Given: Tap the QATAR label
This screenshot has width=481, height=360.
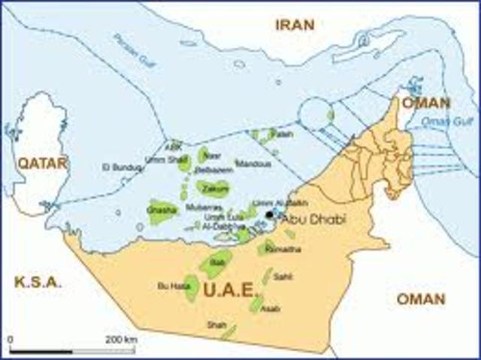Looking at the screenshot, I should pos(44,162).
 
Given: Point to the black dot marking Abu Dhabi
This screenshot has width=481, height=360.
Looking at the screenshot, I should pos(269,216).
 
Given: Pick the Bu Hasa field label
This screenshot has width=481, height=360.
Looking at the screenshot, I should pos(167,286).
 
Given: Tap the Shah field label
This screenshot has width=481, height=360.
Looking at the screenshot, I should pos(215,325).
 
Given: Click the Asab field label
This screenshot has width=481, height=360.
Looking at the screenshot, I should pos(274,308).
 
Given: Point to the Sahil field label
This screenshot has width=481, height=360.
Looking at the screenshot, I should pos(283,277).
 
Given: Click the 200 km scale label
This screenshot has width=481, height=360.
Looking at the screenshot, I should pos(121,340).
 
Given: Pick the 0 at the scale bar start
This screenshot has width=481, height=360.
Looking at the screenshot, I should pos(11,340).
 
